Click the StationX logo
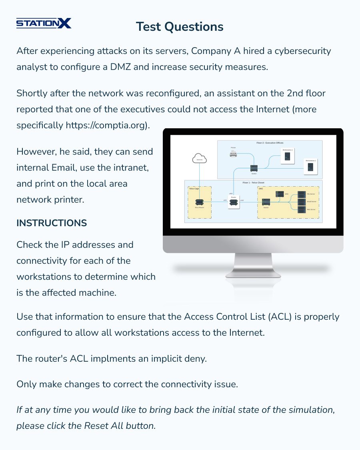[x=44, y=23]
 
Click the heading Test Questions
[x=180, y=26]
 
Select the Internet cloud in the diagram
[x=199, y=159]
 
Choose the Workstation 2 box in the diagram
[x=310, y=167]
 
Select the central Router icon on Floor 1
[x=234, y=203]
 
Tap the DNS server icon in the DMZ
[x=280, y=194]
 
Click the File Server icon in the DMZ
[x=300, y=195]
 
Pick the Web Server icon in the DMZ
[x=300, y=209]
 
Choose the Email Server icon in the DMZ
[x=300, y=202]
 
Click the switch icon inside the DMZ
[x=266, y=203]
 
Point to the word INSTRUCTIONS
[x=52, y=223]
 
